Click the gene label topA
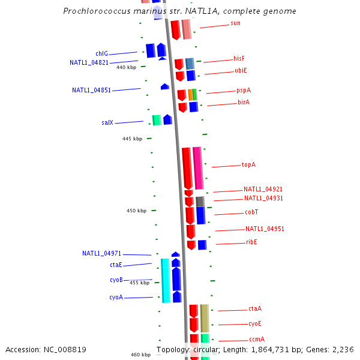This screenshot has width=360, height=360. [248, 164]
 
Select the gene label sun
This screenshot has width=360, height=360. [235, 23]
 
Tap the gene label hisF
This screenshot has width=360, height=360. [239, 58]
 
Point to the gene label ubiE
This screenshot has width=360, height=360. [241, 71]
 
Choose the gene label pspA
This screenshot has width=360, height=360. [244, 91]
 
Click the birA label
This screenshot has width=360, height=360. [243, 103]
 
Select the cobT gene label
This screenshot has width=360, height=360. [251, 212]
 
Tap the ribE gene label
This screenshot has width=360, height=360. [251, 242]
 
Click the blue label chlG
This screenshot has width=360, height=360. [101, 54]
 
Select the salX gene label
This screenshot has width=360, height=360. [107, 123]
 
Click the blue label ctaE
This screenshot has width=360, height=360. [116, 265]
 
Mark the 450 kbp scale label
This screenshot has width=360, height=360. [136, 211]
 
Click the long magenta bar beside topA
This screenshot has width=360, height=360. [197, 168]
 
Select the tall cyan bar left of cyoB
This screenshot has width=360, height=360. [166, 280]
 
